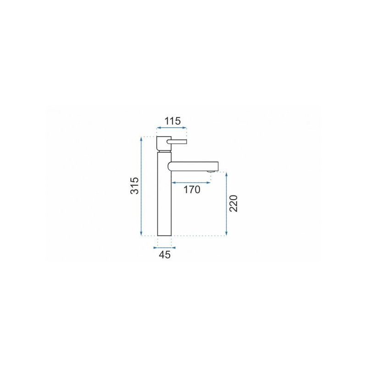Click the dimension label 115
173,121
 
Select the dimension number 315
134,186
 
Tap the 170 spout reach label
191,189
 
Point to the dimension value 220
234,203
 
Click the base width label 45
165,255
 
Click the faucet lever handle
177,141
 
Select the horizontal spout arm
193,167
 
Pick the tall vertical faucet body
165,194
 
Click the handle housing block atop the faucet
164,144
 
